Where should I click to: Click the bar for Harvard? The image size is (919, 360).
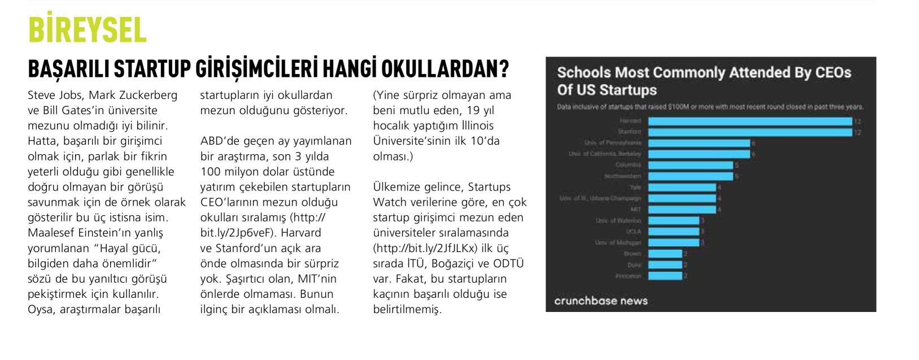(750, 122)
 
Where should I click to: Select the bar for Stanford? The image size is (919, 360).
(750, 132)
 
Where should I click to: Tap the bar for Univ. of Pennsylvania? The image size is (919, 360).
(699, 143)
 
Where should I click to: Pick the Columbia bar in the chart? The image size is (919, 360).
(690, 165)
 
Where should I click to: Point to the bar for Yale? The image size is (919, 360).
(682, 187)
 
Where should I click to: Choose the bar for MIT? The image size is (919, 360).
(682, 210)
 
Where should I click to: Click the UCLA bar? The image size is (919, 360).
(673, 232)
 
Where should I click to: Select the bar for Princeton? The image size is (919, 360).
(665, 276)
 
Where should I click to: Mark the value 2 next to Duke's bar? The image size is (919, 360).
(685, 265)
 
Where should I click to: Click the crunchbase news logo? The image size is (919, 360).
(600, 301)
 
